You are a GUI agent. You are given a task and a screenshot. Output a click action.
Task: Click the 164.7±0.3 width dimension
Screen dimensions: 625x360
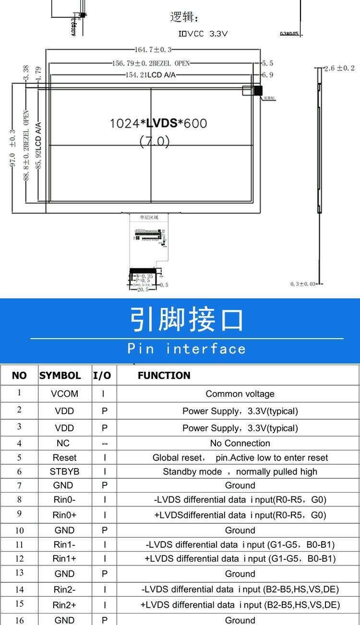tap(153, 49)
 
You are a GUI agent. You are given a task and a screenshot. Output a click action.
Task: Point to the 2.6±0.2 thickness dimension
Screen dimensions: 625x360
tap(339, 69)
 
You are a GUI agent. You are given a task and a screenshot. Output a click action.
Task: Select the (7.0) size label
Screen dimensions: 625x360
tap(155, 141)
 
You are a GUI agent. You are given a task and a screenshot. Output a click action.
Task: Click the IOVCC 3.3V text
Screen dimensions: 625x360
tap(203, 34)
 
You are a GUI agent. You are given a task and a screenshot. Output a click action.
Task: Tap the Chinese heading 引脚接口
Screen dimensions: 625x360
tap(187, 320)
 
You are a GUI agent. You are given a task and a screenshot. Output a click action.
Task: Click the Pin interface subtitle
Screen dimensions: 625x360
tap(187, 349)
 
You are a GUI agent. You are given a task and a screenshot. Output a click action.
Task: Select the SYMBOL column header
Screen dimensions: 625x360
tap(60, 376)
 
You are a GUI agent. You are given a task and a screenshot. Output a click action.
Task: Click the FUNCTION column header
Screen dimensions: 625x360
tap(164, 376)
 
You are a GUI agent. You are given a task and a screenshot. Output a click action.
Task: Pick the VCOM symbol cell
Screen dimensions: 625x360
tap(64, 394)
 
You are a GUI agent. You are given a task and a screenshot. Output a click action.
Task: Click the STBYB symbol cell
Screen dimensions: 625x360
tap(64, 472)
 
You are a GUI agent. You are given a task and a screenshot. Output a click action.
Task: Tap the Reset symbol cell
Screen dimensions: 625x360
tap(64, 458)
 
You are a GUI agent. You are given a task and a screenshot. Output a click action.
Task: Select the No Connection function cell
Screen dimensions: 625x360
tap(240, 443)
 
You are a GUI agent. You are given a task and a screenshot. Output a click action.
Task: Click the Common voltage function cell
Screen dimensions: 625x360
tap(240, 394)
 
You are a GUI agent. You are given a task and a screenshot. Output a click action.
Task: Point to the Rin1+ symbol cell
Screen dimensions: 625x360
tap(64, 558)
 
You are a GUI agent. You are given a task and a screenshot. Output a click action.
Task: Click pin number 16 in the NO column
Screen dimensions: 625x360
tap(19, 620)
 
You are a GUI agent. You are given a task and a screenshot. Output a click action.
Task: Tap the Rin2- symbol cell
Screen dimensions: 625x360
tap(64, 590)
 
